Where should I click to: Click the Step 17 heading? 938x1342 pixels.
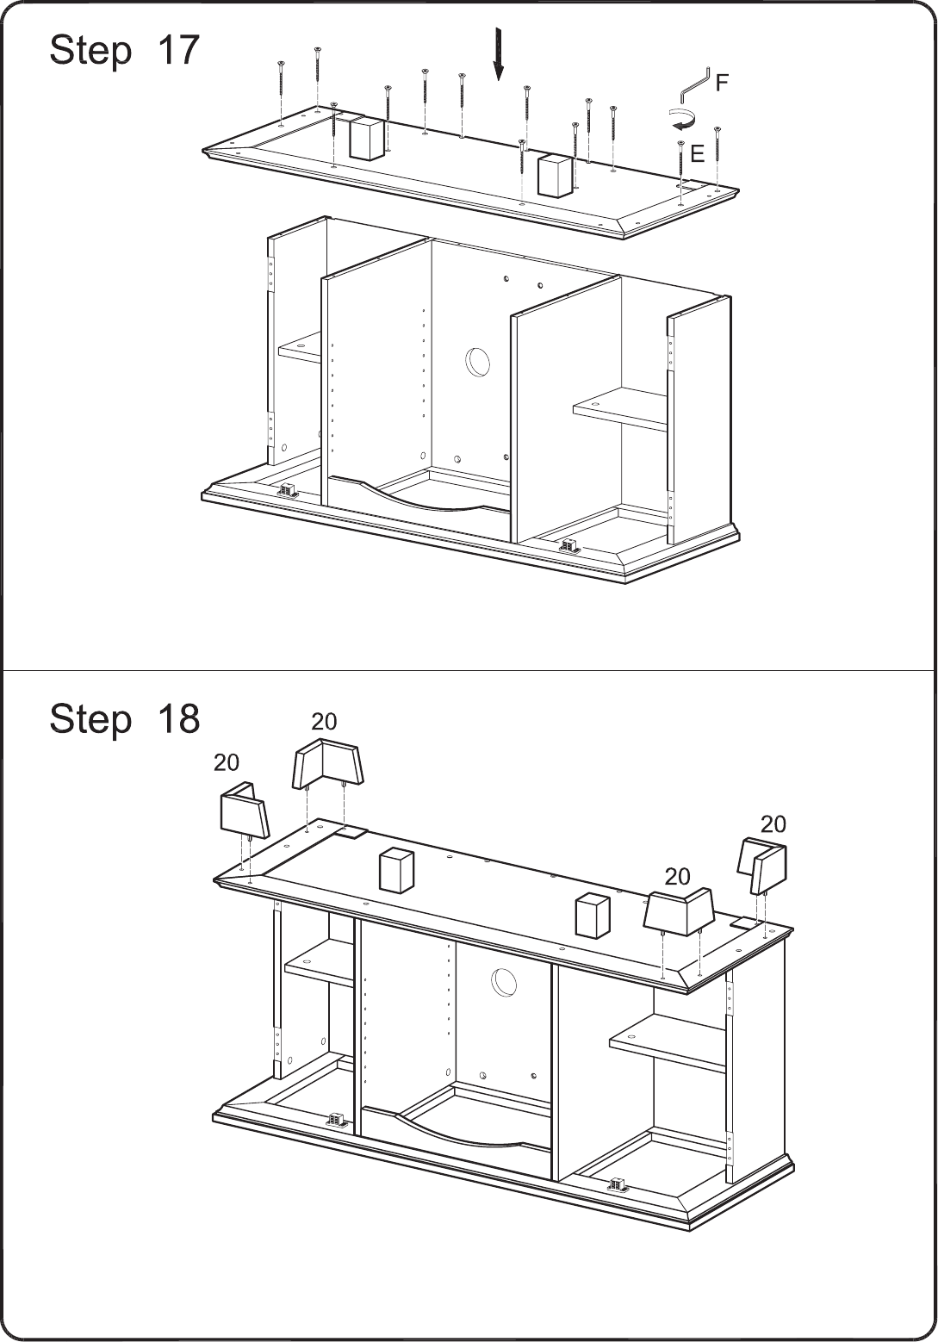(125, 50)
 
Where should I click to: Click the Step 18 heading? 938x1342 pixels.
(125, 718)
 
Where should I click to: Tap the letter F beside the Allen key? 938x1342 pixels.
(722, 82)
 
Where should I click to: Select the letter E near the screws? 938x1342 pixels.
(697, 154)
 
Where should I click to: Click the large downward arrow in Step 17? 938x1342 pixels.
(498, 54)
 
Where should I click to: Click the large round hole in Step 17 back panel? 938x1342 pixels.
(477, 362)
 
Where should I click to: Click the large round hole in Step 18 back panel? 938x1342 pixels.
(504, 983)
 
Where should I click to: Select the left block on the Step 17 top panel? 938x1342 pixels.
(366, 138)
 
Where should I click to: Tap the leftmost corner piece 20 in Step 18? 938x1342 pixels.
(245, 809)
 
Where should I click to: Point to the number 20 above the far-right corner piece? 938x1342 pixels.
(773, 824)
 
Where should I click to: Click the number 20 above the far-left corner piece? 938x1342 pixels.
(227, 762)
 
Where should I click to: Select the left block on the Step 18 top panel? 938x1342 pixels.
(396, 869)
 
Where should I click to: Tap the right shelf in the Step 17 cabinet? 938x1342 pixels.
(620, 408)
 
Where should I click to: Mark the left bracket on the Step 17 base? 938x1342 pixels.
(288, 490)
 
